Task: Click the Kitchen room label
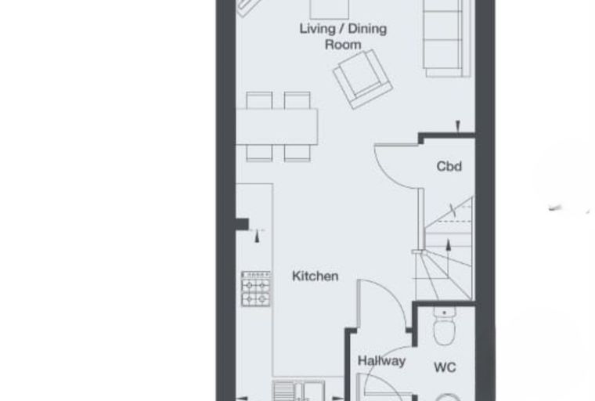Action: tap(315, 276)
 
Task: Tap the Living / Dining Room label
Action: tap(343, 37)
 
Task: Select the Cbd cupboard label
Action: tap(449, 166)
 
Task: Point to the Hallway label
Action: tap(381, 360)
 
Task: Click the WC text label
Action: tap(445, 367)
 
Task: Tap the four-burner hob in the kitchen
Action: tap(256, 289)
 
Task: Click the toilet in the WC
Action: tap(445, 327)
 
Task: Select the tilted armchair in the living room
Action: tap(362, 79)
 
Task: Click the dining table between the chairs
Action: tap(277, 127)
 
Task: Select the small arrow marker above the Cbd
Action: tap(458, 125)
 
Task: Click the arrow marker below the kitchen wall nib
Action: tap(258, 236)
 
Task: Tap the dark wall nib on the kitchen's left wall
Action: tap(242, 224)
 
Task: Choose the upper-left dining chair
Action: tap(259, 100)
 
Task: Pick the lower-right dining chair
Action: tap(297, 154)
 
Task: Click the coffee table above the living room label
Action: tap(330, 9)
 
